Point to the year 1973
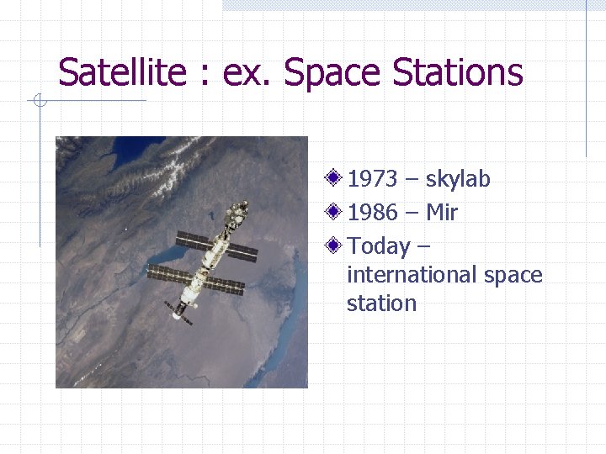pos(372,179)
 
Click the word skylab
pos(458,179)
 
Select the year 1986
pos(372,213)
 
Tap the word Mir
pos(442,213)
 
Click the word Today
pos(378,246)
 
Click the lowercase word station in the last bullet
pos(381,304)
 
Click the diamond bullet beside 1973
pos(335,178)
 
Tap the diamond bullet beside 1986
pos(335,212)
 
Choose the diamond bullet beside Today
pos(335,245)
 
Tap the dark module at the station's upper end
pos(241,207)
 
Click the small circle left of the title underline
pos(39,102)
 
